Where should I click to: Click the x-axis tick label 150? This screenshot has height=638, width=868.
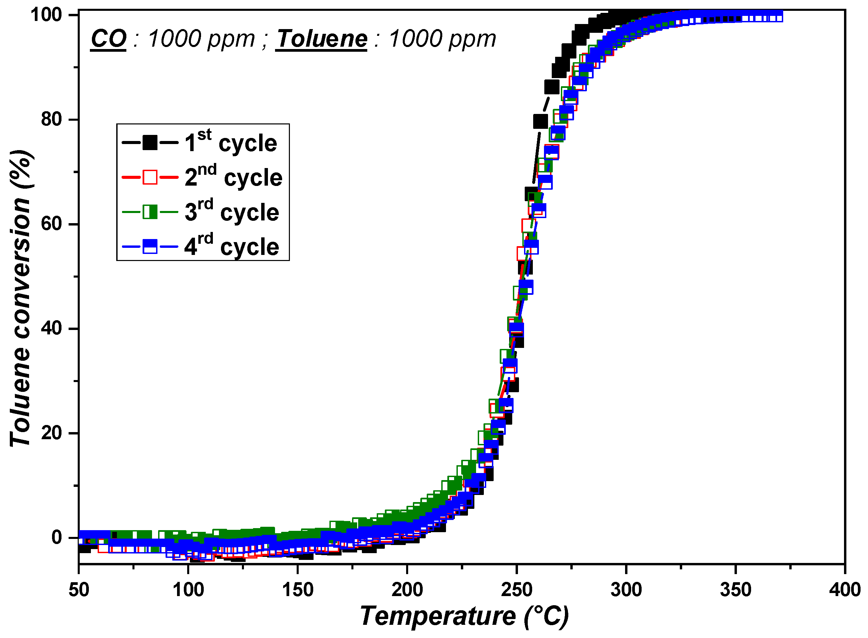[297, 590]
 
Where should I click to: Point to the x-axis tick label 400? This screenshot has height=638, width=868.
[845, 590]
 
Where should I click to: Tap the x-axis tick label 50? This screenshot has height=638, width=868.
[79, 590]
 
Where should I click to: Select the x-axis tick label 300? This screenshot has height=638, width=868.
[626, 590]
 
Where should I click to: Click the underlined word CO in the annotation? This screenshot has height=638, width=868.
[108, 39]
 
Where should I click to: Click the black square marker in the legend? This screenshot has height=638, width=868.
[150, 142]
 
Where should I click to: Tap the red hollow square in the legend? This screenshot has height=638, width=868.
[150, 177]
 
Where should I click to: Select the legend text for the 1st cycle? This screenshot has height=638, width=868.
[230, 142]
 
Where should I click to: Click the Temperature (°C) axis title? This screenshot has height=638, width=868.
[464, 617]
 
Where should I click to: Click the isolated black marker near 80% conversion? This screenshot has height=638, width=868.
[540, 121]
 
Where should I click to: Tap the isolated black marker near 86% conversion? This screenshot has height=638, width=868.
[551, 87]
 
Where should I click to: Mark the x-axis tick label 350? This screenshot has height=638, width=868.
[735, 590]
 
